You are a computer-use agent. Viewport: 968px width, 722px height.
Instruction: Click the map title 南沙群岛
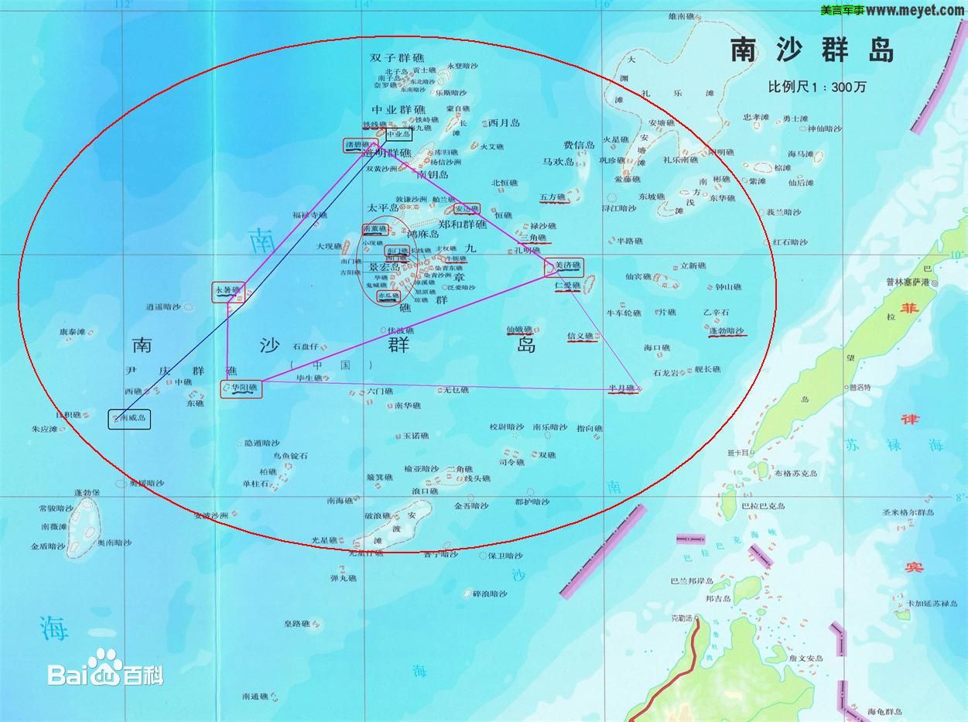[812, 50]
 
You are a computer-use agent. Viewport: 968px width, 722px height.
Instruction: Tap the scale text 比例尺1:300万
[816, 86]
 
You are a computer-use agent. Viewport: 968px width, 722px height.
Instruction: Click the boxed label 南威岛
[130, 419]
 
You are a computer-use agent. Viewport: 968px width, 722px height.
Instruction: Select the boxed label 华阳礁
[241, 388]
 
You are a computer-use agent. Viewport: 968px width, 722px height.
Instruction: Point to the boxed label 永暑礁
[228, 291]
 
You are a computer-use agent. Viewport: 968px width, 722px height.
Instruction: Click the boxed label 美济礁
[567, 266]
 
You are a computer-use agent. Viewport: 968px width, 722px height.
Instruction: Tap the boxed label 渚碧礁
[358, 144]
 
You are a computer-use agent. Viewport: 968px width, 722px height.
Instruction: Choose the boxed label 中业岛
[399, 133]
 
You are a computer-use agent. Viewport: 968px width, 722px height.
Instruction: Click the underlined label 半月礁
[621, 388]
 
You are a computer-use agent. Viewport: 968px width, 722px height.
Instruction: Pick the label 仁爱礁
[567, 286]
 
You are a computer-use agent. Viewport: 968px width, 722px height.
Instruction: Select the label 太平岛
[382, 208]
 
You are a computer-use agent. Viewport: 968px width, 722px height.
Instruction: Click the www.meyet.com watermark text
[915, 10]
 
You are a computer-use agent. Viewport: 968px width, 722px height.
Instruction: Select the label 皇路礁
[296, 624]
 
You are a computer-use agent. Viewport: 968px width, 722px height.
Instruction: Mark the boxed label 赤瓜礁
[388, 296]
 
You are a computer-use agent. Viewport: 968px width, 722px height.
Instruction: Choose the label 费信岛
[579, 145]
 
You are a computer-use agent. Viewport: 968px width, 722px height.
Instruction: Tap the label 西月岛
[505, 122]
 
